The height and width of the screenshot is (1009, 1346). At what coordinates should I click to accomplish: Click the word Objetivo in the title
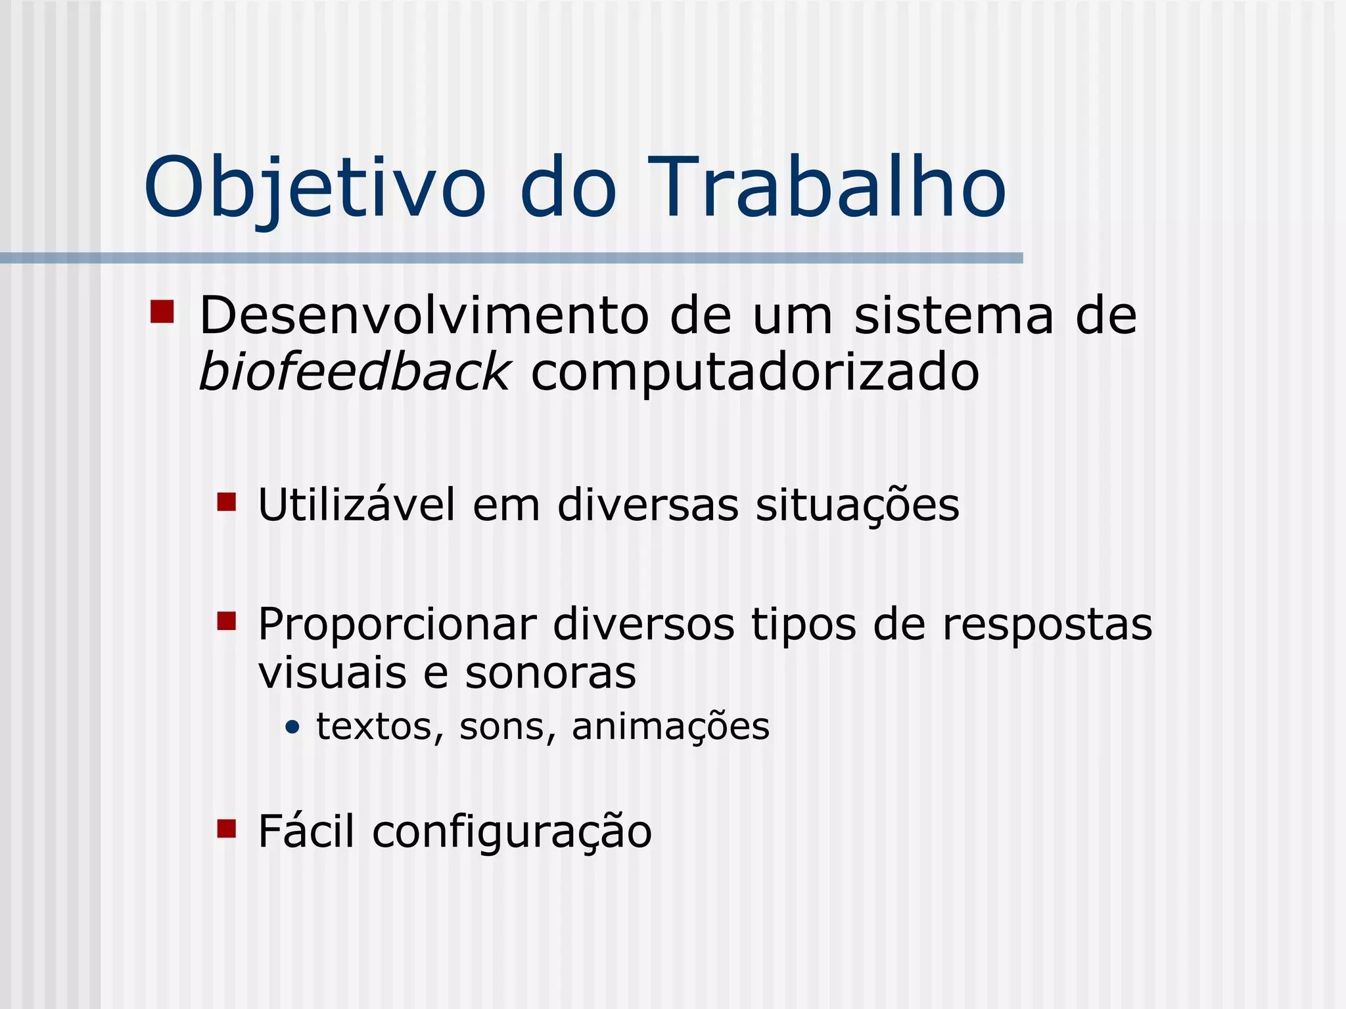314,189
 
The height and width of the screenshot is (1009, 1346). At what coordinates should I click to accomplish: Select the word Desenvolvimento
424,316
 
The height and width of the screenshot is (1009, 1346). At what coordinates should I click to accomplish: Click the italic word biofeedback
354,372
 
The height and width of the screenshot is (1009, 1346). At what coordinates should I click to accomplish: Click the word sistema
953,316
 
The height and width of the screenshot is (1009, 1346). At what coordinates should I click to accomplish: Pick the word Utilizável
356,505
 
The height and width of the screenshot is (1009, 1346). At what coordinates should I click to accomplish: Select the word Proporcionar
397,625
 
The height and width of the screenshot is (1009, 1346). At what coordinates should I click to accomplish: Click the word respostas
1047,625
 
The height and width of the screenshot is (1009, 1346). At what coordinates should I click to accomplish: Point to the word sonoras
551,673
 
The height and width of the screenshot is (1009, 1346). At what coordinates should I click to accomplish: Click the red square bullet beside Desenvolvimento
162,312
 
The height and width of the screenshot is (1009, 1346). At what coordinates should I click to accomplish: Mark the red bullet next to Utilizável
226,503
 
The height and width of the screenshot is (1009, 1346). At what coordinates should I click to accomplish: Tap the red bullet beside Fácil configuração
226,829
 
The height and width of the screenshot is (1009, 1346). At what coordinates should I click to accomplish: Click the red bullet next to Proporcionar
226,621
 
